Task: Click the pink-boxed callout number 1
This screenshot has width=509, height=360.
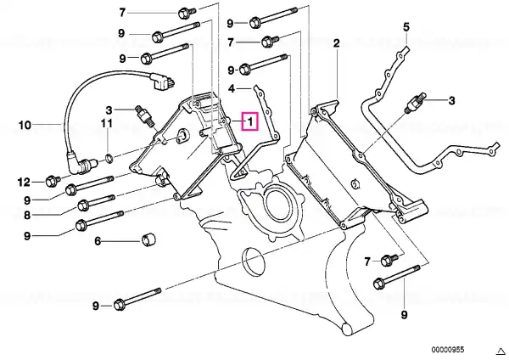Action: coord(250,121)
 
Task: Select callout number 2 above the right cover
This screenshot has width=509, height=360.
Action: coord(336,43)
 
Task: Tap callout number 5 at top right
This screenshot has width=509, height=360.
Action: coord(406,27)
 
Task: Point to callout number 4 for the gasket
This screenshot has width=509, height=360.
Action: coord(232,88)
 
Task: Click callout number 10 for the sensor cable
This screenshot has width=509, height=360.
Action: coord(25,125)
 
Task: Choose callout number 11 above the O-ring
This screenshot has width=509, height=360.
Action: coord(107,123)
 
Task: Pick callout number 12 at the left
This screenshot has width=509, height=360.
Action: coord(24,183)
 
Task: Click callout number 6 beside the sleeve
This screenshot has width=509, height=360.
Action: coord(98,241)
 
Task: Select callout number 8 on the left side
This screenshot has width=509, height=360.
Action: coord(27,215)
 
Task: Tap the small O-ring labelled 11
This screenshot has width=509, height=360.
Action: coord(109,159)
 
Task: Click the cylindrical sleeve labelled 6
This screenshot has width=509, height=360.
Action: coord(149,239)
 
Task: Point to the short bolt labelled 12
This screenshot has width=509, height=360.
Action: coord(53,180)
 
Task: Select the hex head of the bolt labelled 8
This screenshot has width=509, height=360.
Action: coord(83,206)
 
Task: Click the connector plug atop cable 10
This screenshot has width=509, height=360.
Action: coord(162,81)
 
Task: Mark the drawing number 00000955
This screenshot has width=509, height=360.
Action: coord(448,350)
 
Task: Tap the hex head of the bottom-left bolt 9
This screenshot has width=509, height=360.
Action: coord(119,306)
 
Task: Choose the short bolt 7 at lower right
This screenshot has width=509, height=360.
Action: coord(389,260)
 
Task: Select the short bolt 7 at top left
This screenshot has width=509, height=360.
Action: coord(187,13)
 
